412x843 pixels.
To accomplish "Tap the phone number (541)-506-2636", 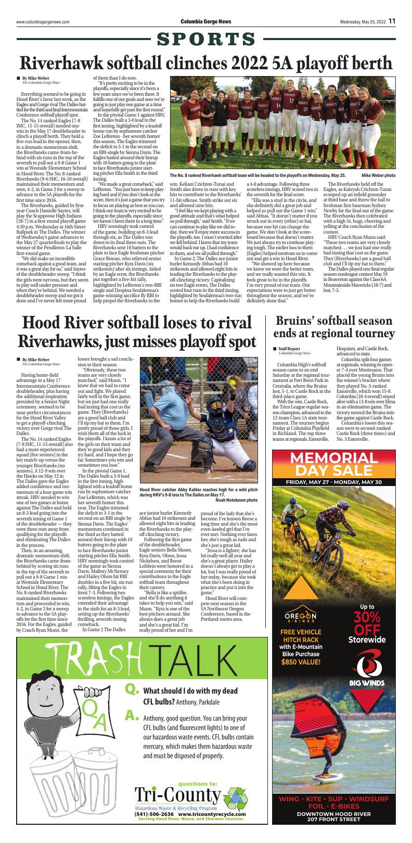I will [154, 814].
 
